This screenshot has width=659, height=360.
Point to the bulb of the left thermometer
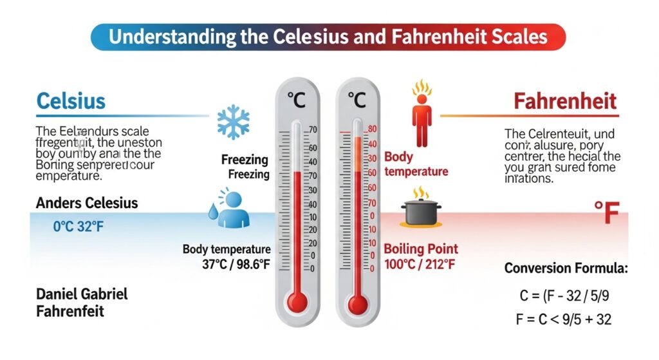click(x=297, y=301)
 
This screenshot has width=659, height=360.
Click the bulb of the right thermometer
click(x=358, y=303)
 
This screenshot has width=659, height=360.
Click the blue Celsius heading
click(x=71, y=101)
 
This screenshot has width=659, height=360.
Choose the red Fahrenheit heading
click(x=564, y=101)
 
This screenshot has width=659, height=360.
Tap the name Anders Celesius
click(x=86, y=204)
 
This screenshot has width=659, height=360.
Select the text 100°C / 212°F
click(x=421, y=264)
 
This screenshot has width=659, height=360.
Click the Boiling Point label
click(x=421, y=249)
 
